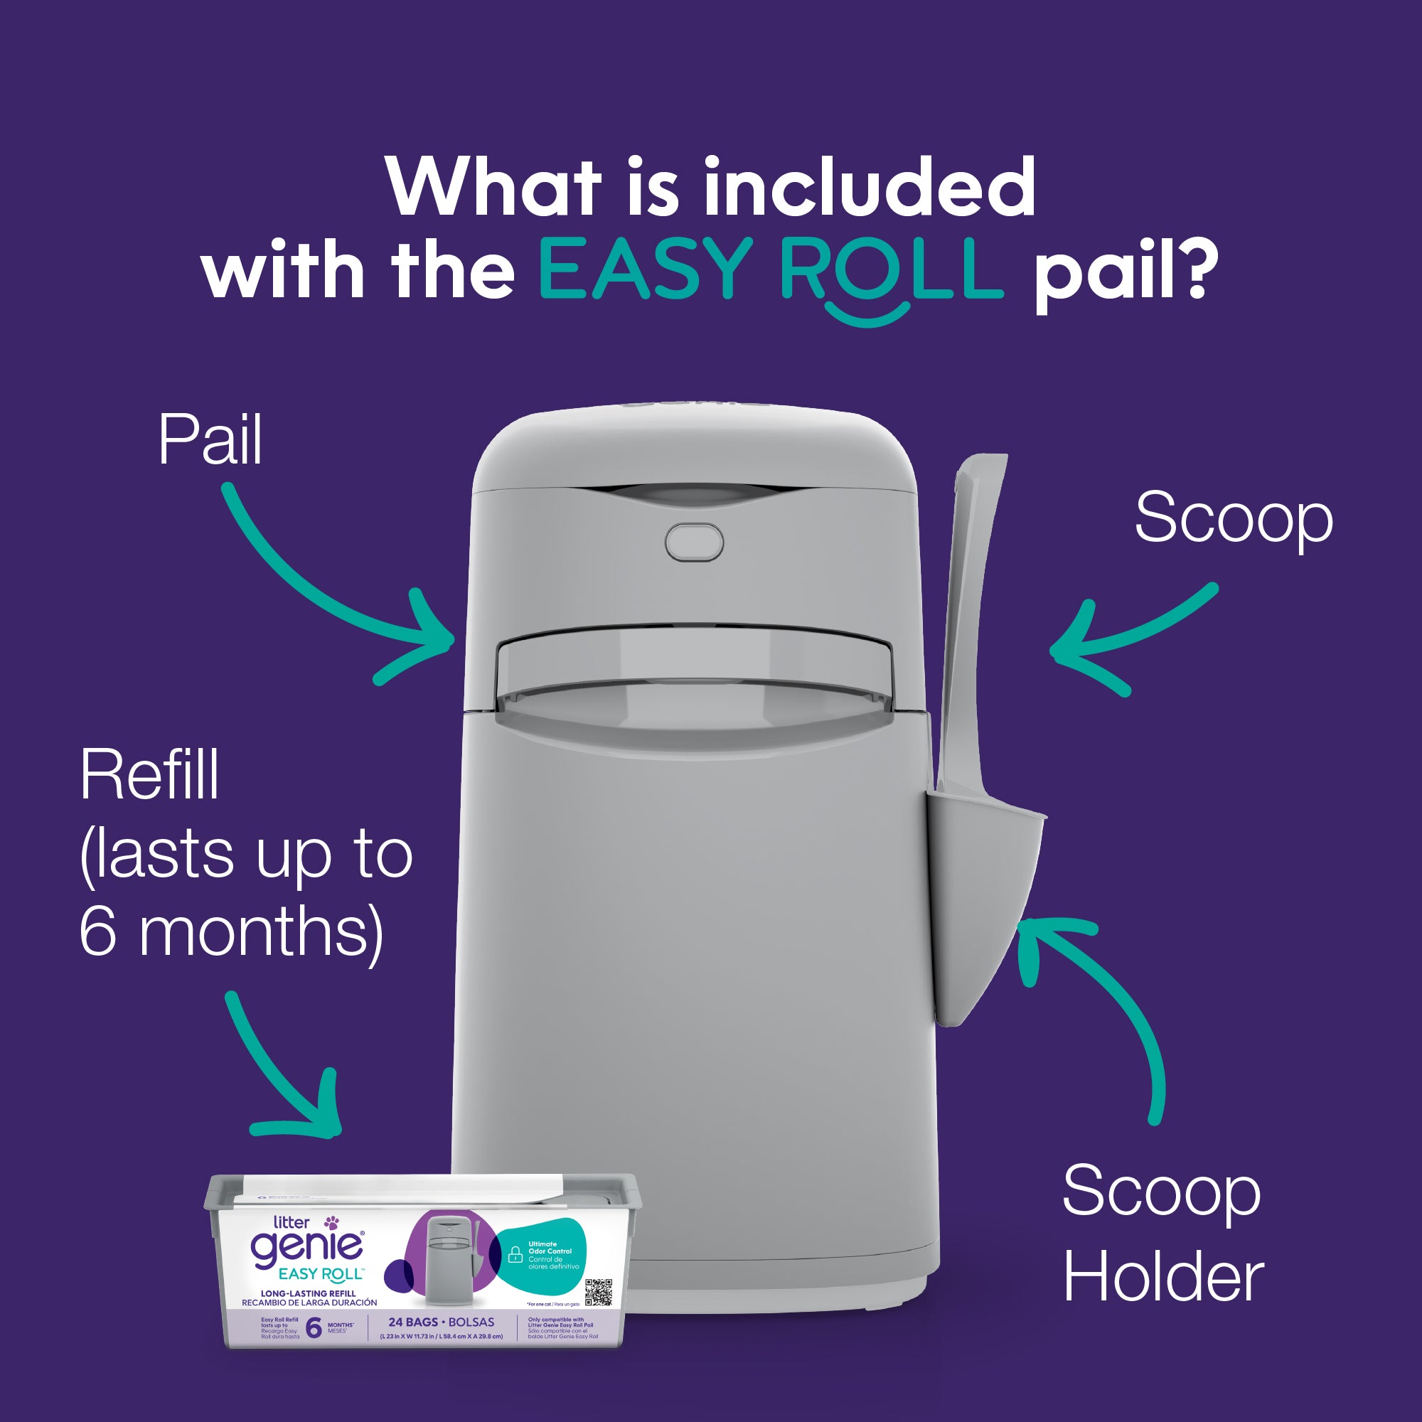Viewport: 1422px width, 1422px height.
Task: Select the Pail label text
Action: pyautogui.click(x=210, y=441)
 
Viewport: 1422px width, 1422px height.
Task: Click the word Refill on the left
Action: pyautogui.click(x=149, y=775)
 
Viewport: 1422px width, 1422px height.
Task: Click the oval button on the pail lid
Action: pyautogui.click(x=693, y=542)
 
